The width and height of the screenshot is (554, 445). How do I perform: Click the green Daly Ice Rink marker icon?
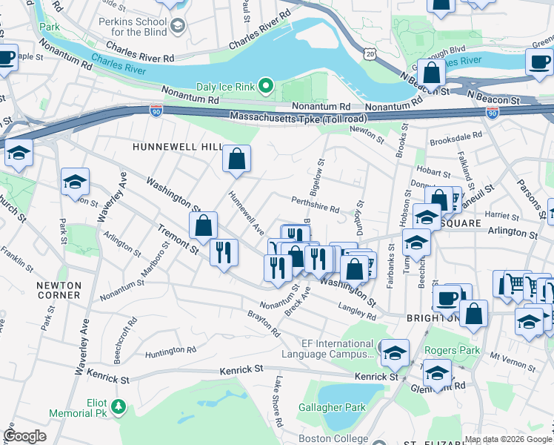click(x=268, y=88)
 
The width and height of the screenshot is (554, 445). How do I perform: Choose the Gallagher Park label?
click(x=333, y=407)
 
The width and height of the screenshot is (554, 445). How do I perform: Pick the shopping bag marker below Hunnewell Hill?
click(x=236, y=158)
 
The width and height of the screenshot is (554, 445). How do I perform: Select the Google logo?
click(x=25, y=436)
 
